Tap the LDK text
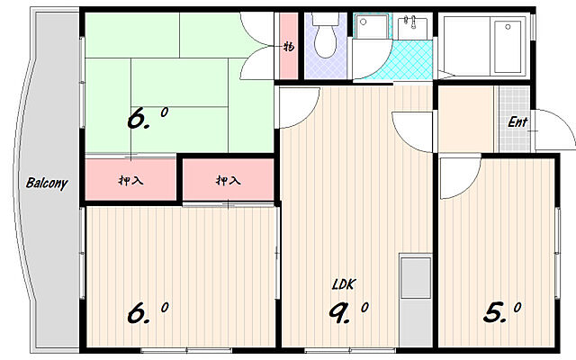coord(344,284)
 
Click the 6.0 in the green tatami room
coord(147,119)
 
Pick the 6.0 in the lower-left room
coord(147,312)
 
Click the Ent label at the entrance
coord(518,122)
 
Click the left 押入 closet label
coord(130,181)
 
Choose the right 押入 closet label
coord(228,181)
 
